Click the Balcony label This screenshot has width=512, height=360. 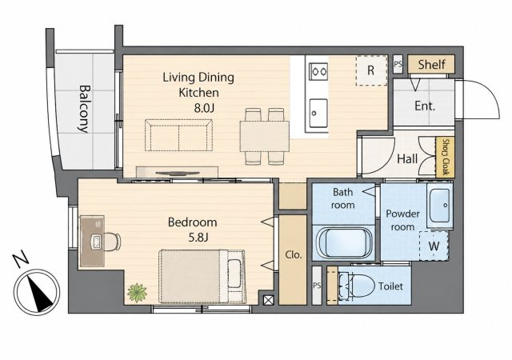tap(85, 109)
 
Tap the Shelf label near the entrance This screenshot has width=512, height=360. tap(431, 64)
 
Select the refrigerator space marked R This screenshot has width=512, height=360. tap(371, 70)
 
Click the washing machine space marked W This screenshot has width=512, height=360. tap(434, 246)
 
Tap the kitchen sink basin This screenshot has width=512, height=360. tap(318, 113)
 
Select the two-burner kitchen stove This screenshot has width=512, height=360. tap(318, 71)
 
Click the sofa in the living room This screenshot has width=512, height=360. tap(179, 135)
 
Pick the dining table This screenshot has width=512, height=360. tap(265, 136)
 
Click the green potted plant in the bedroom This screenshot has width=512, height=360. tap(137, 292)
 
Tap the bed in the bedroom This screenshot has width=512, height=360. tap(202, 276)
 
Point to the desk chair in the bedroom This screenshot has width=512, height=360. tap(113, 242)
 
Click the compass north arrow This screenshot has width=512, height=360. tap(40, 292)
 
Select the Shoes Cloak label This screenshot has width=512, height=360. tap(445, 158)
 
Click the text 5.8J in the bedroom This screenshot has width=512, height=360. tap(198, 238)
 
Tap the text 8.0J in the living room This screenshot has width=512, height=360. tap(204, 108)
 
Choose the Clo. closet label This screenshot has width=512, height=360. tap(294, 255)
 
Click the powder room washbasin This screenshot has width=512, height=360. tap(439, 206)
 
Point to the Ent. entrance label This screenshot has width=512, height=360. tap(425, 106)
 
